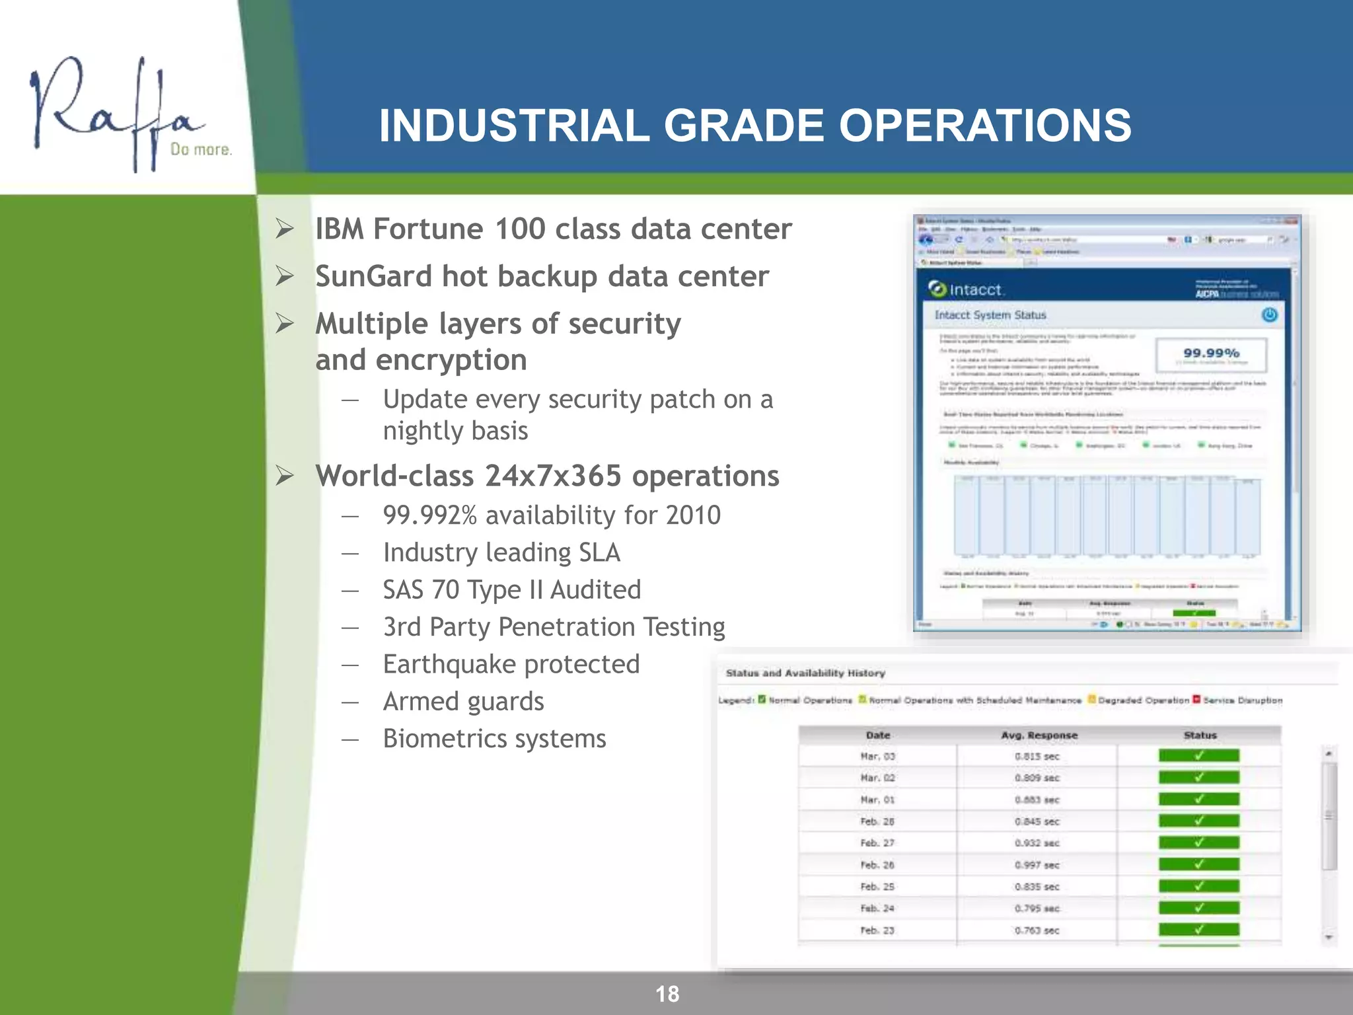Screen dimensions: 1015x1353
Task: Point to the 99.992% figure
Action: tap(430, 515)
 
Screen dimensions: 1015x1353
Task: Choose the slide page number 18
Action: tap(667, 994)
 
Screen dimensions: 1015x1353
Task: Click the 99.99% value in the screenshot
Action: tap(1211, 354)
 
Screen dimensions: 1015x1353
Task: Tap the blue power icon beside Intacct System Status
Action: tap(1269, 315)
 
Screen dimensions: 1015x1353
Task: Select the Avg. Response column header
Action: tap(1039, 735)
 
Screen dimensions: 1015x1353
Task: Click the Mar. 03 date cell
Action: tap(877, 757)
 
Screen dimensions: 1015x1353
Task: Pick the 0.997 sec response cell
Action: tap(1037, 865)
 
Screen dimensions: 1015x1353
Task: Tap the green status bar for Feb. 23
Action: tap(1198, 930)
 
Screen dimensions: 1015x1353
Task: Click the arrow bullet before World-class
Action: tap(285, 476)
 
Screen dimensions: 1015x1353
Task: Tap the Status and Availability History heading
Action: tap(805, 673)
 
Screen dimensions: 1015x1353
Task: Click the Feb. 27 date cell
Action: tap(877, 843)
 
